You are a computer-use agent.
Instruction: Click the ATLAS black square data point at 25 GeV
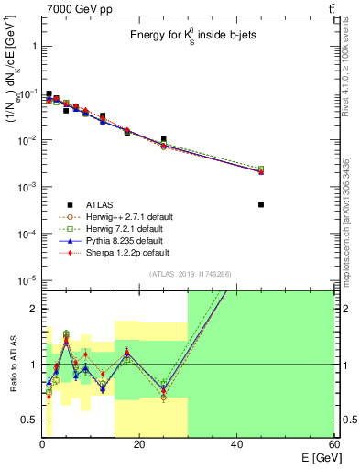[164, 139]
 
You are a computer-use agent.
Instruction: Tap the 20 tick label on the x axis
[139, 443]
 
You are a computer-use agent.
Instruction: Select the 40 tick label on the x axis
[236, 443]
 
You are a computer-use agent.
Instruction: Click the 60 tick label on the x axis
[333, 443]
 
